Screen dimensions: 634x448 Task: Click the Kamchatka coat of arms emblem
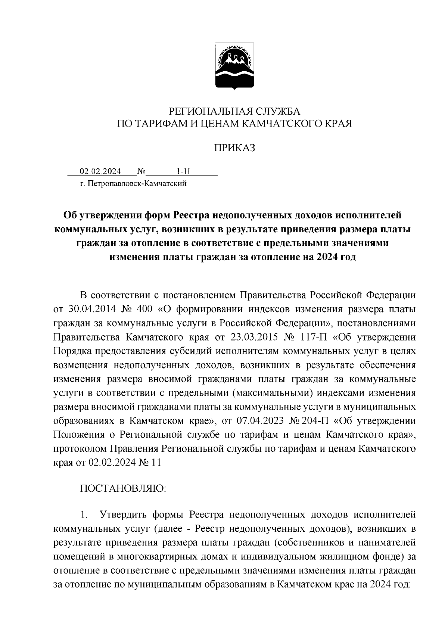pyautogui.click(x=234, y=66)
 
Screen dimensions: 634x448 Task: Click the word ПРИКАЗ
pyautogui.click(x=234, y=148)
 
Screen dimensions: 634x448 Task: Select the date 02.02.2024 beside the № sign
pyautogui.click(x=100, y=171)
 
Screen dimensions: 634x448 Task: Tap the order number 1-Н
pyautogui.click(x=183, y=171)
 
